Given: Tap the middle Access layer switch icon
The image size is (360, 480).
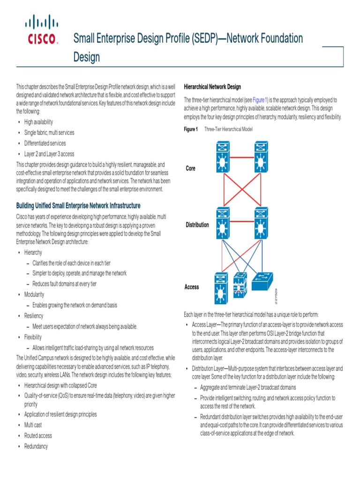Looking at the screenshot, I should pyautogui.click(x=240, y=285).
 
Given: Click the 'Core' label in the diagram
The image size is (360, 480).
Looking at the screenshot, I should pyautogui.click(x=190, y=168).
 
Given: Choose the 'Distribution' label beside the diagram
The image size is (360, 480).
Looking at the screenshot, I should pyautogui.click(x=197, y=225).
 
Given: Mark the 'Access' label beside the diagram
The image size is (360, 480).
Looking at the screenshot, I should pyautogui.click(x=192, y=287).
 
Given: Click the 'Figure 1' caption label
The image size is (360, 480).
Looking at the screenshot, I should pyautogui.click(x=191, y=129).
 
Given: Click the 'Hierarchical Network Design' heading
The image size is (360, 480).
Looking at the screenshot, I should pyautogui.click(x=212, y=87).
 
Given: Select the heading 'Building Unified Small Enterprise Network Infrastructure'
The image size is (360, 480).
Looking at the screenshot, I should pyautogui.click(x=78, y=206).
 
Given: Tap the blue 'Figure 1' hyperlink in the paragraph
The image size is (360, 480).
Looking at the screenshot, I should pyautogui.click(x=260, y=100).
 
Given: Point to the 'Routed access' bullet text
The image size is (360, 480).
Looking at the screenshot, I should pyautogui.click(x=38, y=435).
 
